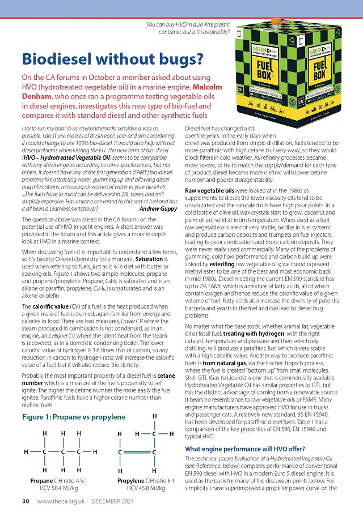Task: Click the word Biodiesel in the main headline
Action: coord(61,58)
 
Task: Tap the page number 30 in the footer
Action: coord(26,501)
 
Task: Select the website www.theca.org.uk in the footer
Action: coord(61,501)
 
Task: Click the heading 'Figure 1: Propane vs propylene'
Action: coord(73,417)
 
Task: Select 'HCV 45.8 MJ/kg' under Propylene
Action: coord(142,488)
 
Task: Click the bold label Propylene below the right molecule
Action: coord(132,480)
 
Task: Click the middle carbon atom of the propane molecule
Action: coord(62,451)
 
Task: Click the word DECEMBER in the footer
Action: coord(111,501)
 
